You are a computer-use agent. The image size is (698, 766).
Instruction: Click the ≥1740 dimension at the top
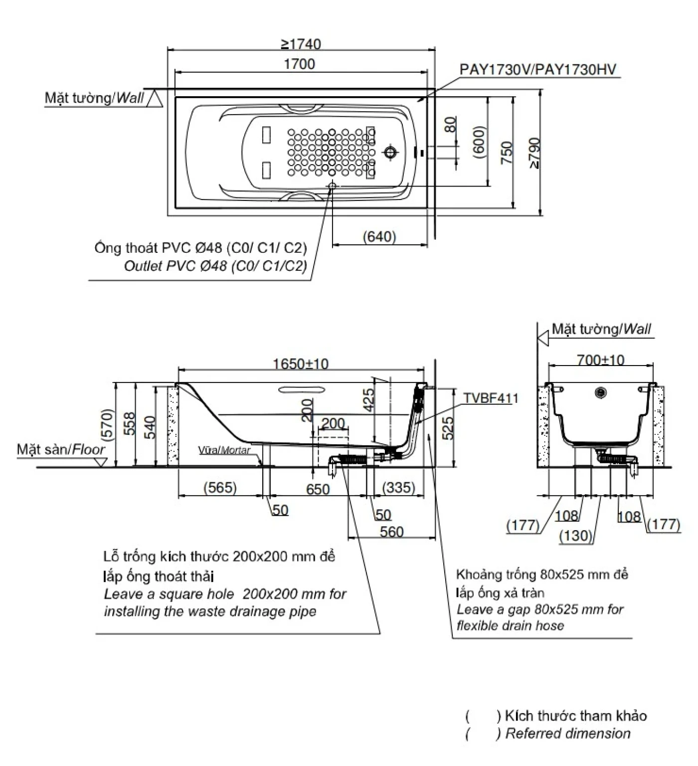301,44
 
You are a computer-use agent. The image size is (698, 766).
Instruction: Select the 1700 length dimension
299,64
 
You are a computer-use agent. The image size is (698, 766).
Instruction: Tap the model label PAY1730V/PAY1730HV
537,69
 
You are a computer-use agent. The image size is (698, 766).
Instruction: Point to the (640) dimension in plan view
379,236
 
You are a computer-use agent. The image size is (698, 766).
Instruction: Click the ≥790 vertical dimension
534,153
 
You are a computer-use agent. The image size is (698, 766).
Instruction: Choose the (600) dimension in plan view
479,142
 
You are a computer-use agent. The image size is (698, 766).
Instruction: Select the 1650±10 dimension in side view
301,364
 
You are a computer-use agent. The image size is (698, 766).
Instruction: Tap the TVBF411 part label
491,398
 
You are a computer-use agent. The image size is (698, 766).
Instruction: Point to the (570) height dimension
107,424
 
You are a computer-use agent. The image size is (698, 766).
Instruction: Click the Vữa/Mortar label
224,450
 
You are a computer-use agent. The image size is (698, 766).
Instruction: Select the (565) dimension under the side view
220,487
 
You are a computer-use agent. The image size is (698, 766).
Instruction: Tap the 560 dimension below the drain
391,532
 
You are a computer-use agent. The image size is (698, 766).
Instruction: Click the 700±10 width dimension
600,360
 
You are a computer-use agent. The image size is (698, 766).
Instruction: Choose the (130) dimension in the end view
576,536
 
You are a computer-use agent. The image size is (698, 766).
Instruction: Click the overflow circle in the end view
601,393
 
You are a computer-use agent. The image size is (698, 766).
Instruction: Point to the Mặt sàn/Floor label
61,449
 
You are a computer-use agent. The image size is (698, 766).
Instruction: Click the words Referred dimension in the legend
568,734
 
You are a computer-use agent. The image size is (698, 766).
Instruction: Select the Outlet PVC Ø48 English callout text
215,266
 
